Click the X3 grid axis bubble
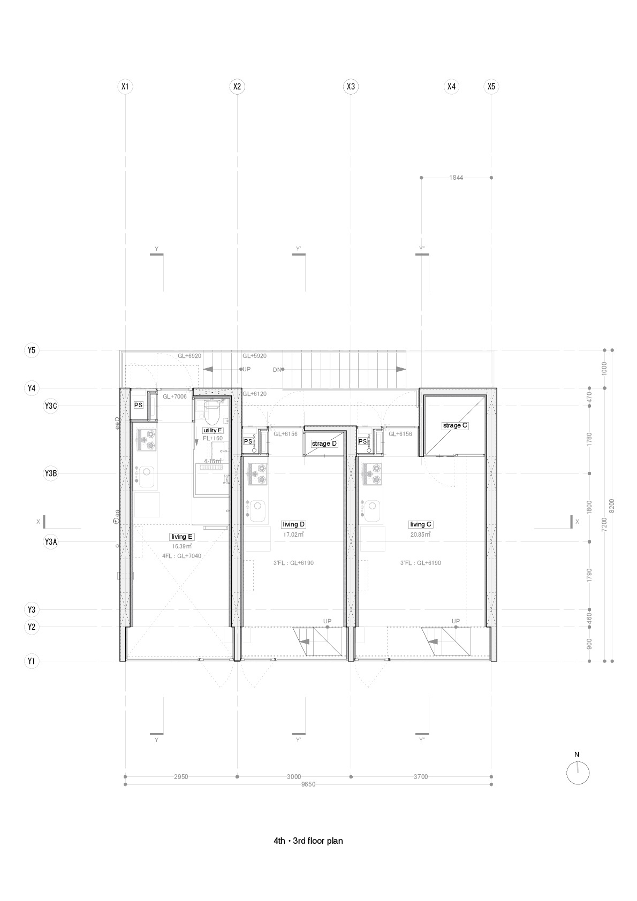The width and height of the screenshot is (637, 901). click(x=351, y=86)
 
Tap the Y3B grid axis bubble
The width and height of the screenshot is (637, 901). click(x=50, y=474)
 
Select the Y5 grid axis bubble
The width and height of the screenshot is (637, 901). click(x=32, y=350)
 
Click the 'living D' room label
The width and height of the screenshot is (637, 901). click(x=293, y=524)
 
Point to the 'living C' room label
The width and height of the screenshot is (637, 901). click(x=421, y=524)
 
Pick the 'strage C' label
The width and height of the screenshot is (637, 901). click(x=455, y=425)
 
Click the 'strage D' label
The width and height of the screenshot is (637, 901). click(x=324, y=444)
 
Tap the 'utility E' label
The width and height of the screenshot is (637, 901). click(x=213, y=430)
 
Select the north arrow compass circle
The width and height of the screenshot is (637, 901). click(x=578, y=773)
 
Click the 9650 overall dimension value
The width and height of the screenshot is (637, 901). click(x=308, y=784)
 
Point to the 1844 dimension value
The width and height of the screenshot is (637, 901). click(x=456, y=177)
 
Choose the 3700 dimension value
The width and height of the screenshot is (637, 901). click(x=421, y=776)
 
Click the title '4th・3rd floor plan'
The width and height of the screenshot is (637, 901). click(x=308, y=841)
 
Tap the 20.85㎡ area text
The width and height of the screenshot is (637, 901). click(x=421, y=534)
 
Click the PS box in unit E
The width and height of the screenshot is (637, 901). click(x=138, y=405)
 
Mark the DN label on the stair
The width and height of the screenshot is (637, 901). click(x=277, y=369)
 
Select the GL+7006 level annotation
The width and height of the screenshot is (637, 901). click(x=175, y=396)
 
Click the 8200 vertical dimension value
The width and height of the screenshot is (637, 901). click(x=612, y=506)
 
